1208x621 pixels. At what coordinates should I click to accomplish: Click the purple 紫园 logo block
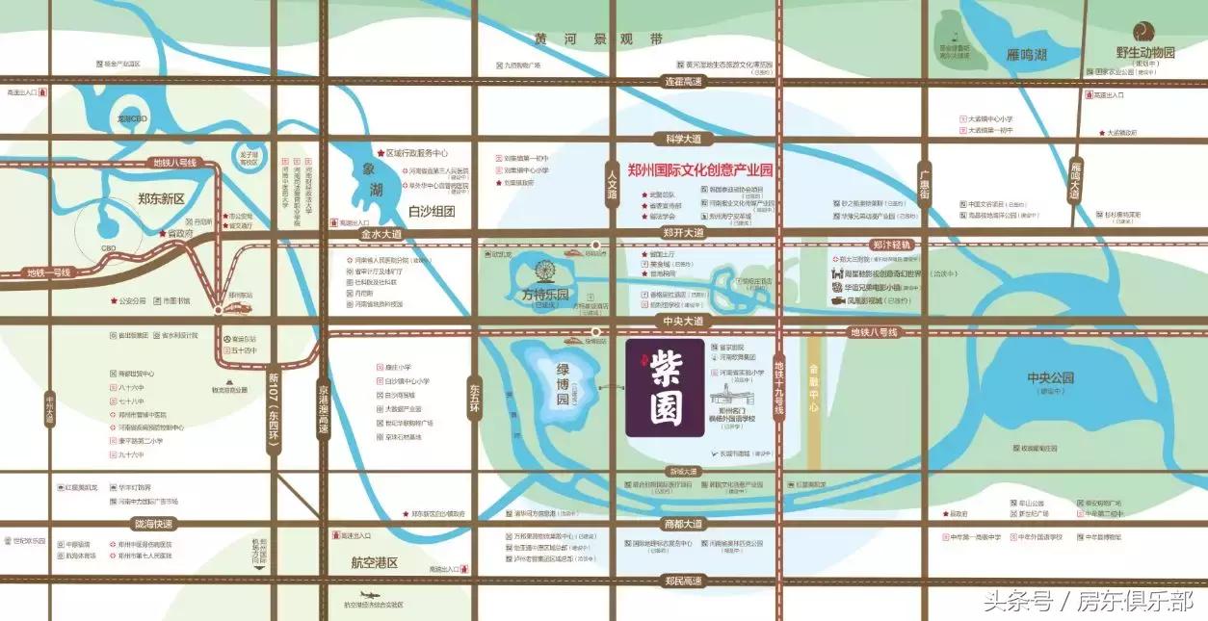(665, 388)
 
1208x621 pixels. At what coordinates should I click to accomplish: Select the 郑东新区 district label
(161, 200)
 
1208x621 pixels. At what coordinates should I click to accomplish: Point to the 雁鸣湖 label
(1026, 56)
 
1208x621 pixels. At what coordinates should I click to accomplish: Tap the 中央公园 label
(1050, 377)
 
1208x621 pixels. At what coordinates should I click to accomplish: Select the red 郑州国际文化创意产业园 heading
(700, 170)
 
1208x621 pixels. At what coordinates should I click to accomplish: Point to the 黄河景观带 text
(599, 39)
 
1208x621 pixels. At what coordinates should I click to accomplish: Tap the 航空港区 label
(375, 562)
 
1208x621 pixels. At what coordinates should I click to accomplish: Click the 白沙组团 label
(431, 211)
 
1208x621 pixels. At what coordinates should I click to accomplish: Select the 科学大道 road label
(679, 138)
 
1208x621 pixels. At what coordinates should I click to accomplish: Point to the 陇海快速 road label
(154, 524)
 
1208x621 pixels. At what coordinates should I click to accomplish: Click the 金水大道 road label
(380, 234)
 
